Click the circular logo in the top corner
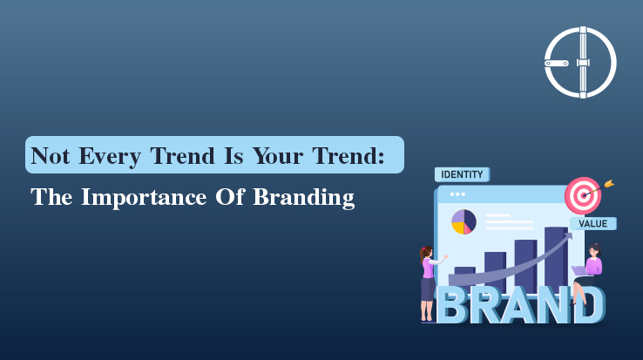click(579, 62)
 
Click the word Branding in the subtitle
click(304, 198)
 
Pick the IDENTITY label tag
click(462, 174)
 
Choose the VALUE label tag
click(593, 224)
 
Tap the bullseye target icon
click(582, 195)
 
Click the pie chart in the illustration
click(464, 222)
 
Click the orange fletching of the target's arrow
click(609, 183)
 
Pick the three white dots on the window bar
click(458, 194)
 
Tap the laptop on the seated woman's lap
click(579, 271)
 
